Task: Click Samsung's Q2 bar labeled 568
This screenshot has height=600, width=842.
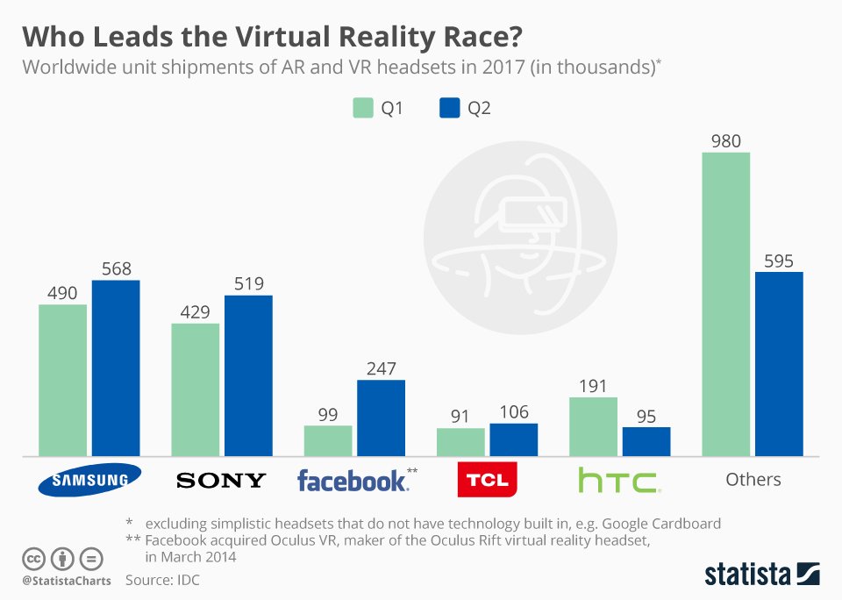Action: pos(116,368)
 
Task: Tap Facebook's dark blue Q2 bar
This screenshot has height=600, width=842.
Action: pos(381,418)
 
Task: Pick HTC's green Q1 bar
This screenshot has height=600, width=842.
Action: pos(594,426)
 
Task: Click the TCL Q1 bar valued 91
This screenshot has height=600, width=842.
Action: pos(460,442)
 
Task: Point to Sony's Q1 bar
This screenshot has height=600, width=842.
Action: pos(196,389)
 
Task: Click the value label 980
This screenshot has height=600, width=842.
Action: pos(725,139)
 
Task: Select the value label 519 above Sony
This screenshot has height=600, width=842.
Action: pos(248,283)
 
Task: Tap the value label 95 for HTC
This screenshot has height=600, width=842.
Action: pos(646,415)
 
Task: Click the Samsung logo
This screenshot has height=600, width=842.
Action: pos(89,479)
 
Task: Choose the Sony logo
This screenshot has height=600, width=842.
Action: pos(221,480)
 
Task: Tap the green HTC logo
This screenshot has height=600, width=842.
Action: pos(619,481)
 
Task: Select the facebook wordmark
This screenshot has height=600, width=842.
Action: pos(353,481)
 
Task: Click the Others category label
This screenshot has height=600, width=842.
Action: pos(753,479)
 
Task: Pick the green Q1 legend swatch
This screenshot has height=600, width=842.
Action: pos(363,109)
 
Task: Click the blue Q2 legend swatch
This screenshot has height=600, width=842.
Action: pos(447,109)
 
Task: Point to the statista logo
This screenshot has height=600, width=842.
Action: pos(761,574)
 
